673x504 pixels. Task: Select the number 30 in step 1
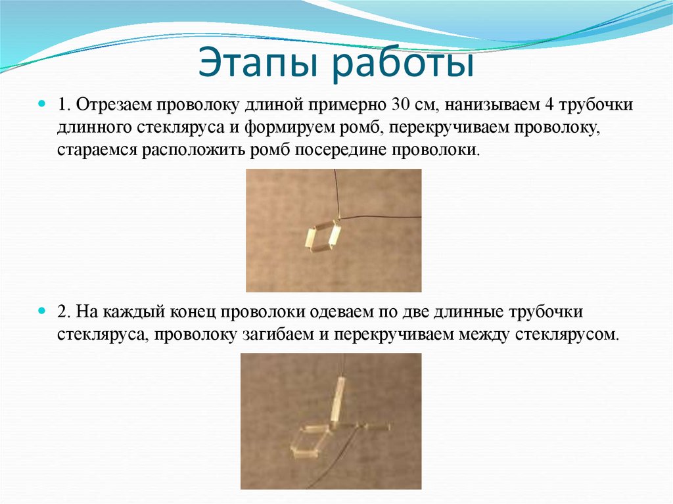pos(400,104)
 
